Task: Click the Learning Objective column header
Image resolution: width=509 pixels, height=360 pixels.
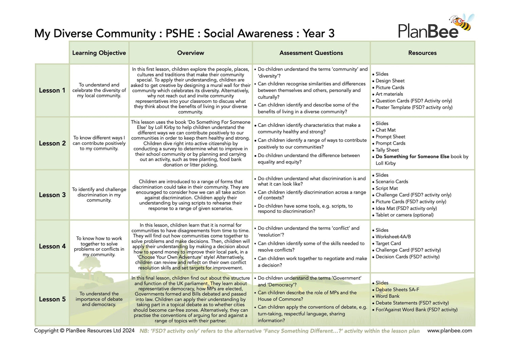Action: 99,53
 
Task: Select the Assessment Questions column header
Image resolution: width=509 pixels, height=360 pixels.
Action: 311,53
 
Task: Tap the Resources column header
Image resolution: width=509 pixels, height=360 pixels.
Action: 422,53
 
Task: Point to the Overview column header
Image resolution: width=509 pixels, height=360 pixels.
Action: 191,53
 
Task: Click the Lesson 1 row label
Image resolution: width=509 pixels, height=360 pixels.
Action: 52,90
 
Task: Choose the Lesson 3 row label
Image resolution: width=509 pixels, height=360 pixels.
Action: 52,195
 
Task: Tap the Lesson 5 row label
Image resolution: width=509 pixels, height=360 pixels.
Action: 52,299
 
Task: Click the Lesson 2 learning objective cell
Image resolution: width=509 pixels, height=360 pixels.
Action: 99,143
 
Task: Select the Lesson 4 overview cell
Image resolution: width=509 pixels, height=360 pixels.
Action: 191,246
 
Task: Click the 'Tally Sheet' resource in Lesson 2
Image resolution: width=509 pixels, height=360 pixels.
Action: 387,150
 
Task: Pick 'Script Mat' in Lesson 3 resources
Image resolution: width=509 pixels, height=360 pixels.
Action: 387,188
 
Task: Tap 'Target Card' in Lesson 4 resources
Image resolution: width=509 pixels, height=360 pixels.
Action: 388,243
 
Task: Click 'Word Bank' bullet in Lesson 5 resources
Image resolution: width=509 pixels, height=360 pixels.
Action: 388,296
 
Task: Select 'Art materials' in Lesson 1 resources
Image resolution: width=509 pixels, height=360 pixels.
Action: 389,94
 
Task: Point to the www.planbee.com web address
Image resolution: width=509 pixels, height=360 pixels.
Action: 450,330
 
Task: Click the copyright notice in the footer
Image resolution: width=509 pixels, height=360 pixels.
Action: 84,330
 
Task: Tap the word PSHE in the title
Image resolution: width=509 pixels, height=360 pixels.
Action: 180,34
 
